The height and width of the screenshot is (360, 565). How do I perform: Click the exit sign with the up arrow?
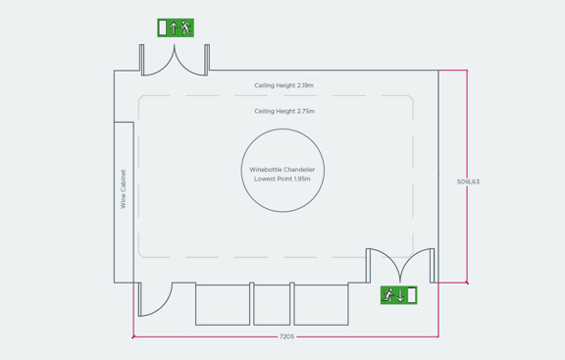coord(176,28)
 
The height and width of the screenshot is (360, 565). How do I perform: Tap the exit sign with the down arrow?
coord(399,295)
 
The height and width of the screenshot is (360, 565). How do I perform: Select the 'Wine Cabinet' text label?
coord(124,189)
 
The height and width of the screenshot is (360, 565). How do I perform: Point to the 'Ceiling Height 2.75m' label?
coord(284,112)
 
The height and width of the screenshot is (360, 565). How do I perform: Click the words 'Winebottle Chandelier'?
coord(282,170)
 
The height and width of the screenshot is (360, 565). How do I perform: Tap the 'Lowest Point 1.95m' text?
coord(282,180)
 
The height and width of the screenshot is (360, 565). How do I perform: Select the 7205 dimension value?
coord(286,336)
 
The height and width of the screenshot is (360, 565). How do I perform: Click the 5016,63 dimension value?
coord(469,181)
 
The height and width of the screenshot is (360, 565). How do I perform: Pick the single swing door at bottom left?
coord(153,300)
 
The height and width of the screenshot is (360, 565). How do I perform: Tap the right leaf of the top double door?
coord(190,61)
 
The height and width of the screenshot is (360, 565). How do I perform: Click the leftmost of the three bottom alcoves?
coord(223,304)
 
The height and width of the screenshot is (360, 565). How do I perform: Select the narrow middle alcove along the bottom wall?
coord(272,304)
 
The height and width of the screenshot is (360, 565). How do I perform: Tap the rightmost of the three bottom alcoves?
coord(321,304)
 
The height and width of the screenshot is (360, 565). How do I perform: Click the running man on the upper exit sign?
coord(185,28)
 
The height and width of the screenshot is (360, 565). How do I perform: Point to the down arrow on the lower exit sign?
coord(400,295)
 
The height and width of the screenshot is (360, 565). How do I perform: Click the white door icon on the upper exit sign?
coord(163,28)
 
